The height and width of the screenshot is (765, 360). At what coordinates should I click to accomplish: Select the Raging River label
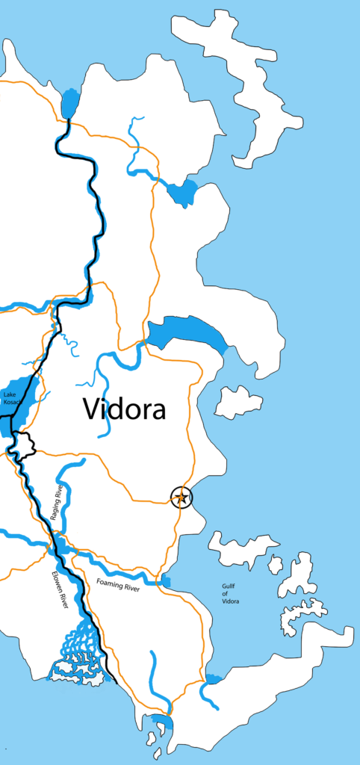[x=55, y=503]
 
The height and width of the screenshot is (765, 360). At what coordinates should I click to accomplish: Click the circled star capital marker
[x=181, y=497]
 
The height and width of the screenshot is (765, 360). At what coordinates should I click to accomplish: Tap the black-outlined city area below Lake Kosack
[x=22, y=445]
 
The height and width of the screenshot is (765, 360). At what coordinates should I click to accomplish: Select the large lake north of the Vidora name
[x=187, y=332]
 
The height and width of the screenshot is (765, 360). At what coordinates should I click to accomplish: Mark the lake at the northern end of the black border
[x=70, y=103]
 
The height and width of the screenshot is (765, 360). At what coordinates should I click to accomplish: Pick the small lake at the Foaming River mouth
[x=165, y=581]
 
